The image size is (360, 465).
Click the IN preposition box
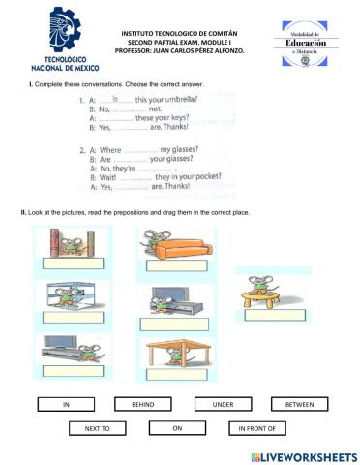click(x=66, y=403)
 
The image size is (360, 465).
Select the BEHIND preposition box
click(x=143, y=403)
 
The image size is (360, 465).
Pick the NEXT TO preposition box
click(x=97, y=427)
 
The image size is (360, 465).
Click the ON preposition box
click(x=177, y=427)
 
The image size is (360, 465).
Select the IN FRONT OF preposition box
click(x=256, y=427)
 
